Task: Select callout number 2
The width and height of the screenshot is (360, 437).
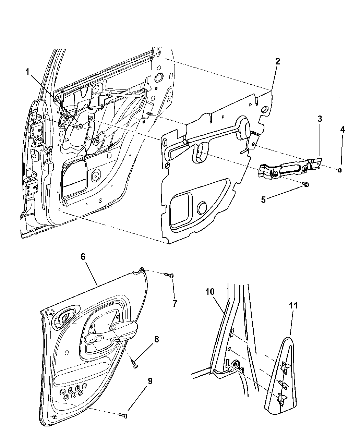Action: (x=277, y=62)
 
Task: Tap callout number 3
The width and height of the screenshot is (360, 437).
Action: (x=320, y=119)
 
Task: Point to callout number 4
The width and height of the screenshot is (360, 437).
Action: (x=342, y=130)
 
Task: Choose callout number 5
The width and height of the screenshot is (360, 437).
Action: (x=263, y=199)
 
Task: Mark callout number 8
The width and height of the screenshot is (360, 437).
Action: (x=156, y=339)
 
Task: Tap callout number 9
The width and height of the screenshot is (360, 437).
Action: (x=150, y=381)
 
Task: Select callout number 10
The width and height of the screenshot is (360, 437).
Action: (x=210, y=292)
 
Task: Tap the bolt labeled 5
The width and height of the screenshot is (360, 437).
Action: (x=306, y=185)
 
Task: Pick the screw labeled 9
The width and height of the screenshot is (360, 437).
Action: (x=123, y=415)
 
